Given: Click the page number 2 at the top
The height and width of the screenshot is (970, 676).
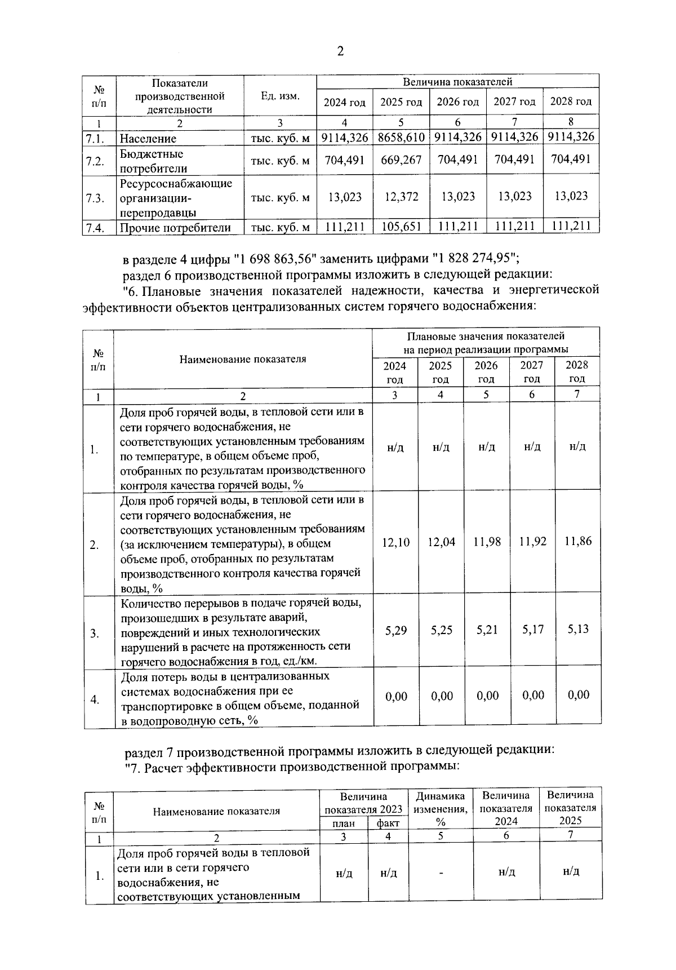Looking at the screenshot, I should point(340,52).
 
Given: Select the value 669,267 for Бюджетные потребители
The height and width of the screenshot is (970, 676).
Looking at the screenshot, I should point(401,160).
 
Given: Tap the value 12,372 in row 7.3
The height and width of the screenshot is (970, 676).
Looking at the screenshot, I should point(401,197).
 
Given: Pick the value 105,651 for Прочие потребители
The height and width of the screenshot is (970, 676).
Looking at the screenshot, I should point(401,227).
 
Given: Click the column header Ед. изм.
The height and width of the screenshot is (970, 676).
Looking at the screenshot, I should point(280,96).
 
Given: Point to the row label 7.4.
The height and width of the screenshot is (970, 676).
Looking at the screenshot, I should point(95,228).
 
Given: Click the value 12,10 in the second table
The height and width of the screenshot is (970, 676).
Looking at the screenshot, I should point(396,542).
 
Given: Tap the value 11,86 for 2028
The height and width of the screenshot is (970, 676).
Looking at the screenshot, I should point(578,541).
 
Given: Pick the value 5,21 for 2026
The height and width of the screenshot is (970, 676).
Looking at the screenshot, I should point(487,630).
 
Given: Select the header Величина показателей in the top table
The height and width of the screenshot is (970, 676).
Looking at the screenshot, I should point(457,82).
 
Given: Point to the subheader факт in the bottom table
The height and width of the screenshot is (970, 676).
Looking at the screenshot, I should point(388,823).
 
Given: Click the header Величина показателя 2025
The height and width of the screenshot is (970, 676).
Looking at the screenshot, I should point(570,807).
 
